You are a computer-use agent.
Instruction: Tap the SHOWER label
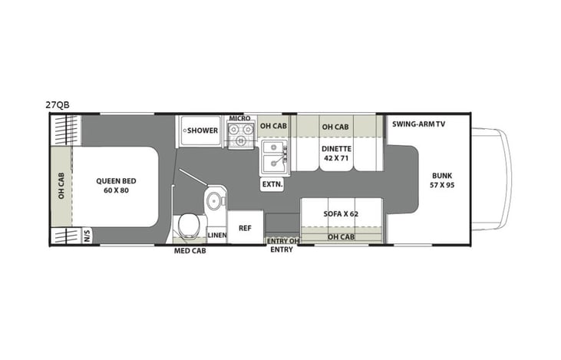(203, 130)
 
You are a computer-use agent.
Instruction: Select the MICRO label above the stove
(239, 118)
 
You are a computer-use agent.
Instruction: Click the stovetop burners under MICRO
(240, 136)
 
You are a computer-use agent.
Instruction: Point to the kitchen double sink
(273, 157)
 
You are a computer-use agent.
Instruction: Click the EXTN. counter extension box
(272, 184)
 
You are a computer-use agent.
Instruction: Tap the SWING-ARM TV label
(417, 124)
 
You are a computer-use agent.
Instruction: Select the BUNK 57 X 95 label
(442, 180)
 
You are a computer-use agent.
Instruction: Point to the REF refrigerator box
(245, 228)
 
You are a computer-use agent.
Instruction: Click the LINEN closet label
(216, 235)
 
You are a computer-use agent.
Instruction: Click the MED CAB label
(189, 250)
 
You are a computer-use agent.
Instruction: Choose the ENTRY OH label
(281, 241)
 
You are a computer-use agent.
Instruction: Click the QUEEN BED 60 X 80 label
(113, 186)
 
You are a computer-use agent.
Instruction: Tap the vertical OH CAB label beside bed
(61, 185)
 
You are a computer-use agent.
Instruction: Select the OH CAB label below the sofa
(340, 236)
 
